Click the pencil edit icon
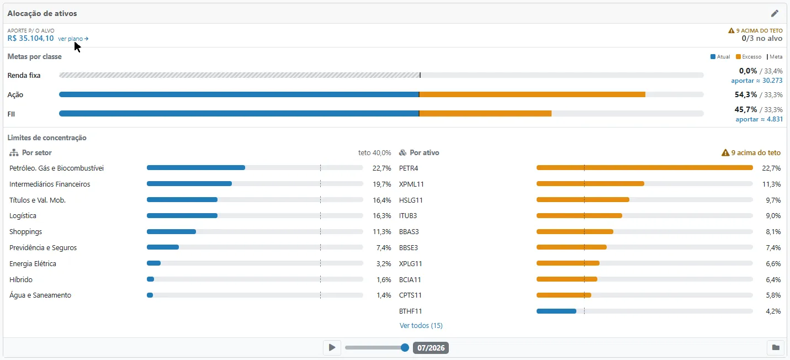[x=775, y=13]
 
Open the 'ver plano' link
[x=73, y=39]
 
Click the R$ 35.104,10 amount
[x=31, y=39]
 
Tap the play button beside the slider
[x=332, y=348]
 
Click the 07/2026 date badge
[x=431, y=348]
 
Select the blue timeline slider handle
[x=405, y=348]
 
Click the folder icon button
[x=776, y=348]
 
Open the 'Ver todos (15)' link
[x=421, y=325]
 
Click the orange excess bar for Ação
[x=532, y=94]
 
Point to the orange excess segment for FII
[x=485, y=114]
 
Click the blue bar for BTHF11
[x=556, y=311]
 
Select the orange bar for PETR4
[x=645, y=168]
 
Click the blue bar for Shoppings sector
[x=171, y=232]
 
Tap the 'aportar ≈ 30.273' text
[x=756, y=81]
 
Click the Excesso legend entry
[x=749, y=57]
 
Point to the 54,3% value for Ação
[x=746, y=94]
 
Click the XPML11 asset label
[x=411, y=184]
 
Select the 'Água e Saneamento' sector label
[x=40, y=295]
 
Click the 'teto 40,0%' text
[x=374, y=153]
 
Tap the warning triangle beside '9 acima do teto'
[x=725, y=153]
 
